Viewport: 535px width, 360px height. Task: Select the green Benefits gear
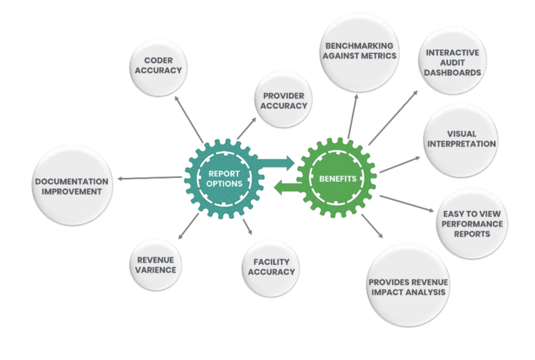(338, 178)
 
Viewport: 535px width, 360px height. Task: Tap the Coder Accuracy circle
(158, 66)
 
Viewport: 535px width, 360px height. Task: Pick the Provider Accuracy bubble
(284, 100)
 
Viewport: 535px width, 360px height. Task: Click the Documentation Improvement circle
(72, 186)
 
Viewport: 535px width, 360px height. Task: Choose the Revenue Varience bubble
(156, 264)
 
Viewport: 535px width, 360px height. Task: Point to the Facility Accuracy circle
(271, 268)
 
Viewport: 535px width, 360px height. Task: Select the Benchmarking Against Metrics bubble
(359, 51)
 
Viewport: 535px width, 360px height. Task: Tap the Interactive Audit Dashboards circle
(452, 61)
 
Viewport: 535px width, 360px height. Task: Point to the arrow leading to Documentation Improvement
(149, 178)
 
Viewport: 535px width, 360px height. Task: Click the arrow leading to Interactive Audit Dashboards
(393, 117)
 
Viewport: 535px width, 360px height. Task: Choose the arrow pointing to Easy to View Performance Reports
(406, 203)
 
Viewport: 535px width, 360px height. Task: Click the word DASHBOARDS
(452, 73)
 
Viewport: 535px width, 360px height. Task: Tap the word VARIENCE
(156, 270)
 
